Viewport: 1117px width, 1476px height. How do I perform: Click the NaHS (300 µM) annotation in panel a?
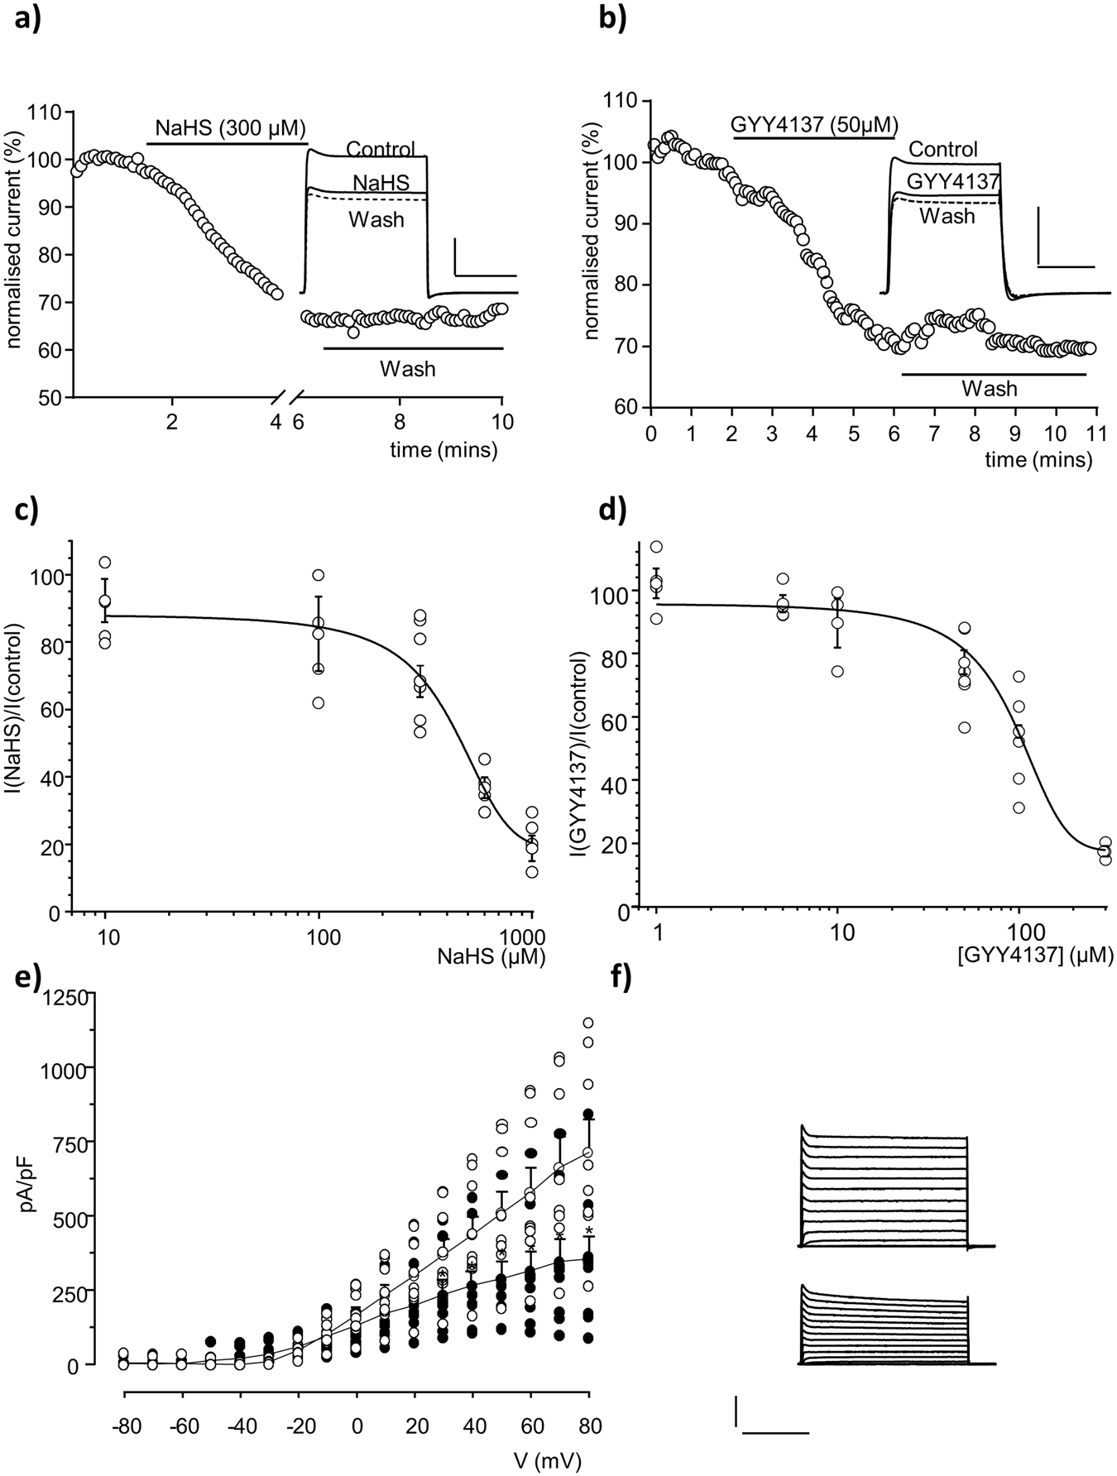(x=230, y=128)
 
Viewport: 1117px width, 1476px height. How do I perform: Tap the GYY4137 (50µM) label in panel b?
(x=814, y=125)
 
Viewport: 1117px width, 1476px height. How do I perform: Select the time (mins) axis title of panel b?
(x=1038, y=459)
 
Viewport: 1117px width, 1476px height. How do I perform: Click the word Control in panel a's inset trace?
(x=381, y=150)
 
